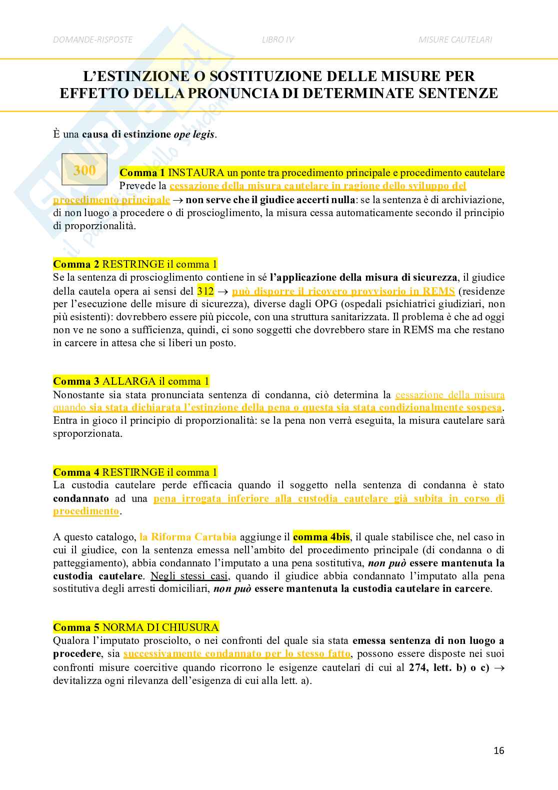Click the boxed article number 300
point(84,170)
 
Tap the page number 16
point(498,750)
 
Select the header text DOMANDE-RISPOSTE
point(93,40)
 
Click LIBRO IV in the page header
point(277,40)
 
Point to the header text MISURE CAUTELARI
point(455,40)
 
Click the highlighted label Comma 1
point(142,173)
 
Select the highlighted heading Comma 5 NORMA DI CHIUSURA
point(136,627)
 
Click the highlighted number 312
point(205,291)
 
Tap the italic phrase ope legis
point(194,134)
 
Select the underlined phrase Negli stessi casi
point(189,576)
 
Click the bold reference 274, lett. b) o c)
point(449,667)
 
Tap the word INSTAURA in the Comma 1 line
point(196,173)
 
